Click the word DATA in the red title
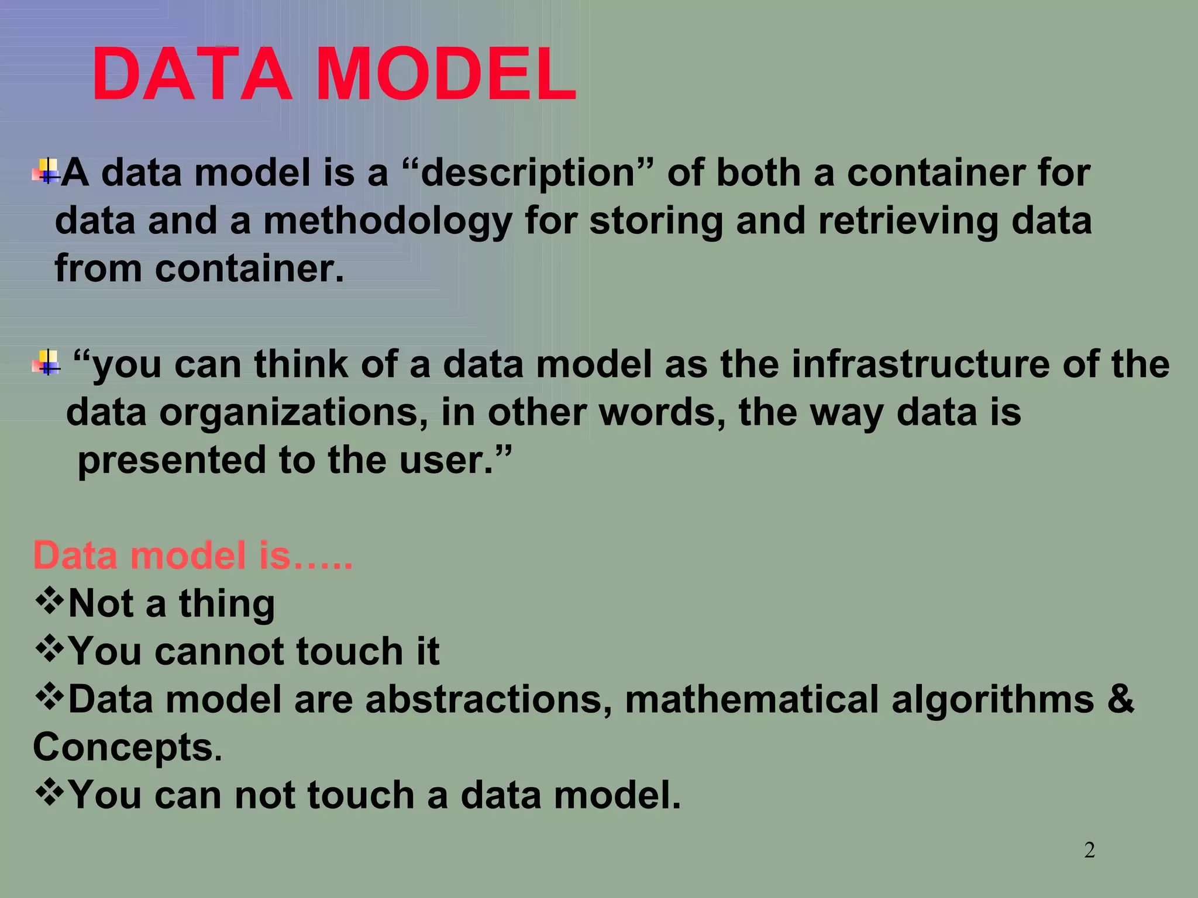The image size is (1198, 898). [x=192, y=76]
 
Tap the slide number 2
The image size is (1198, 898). [x=1089, y=849]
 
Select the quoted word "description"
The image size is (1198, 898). [x=528, y=174]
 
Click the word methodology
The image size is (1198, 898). [x=387, y=222]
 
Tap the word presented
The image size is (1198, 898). [x=172, y=460]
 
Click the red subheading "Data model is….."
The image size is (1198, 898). [x=193, y=555]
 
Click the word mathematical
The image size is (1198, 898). [x=751, y=699]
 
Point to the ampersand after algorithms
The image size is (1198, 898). [x=1120, y=699]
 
